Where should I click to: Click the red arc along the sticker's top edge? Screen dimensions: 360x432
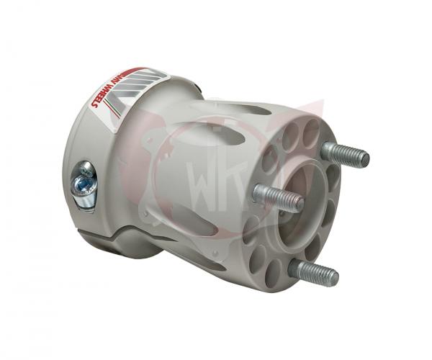(133, 72)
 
